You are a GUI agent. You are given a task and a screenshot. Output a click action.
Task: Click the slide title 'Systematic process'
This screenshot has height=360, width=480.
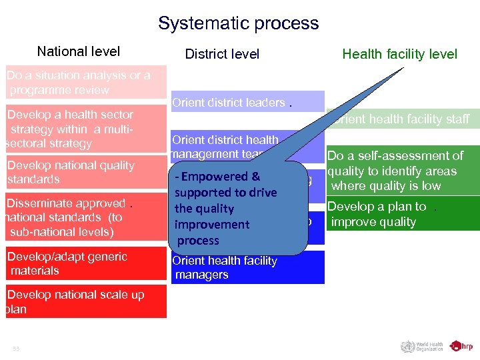point(238,23)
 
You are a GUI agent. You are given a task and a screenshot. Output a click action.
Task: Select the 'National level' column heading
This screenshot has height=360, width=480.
point(79,51)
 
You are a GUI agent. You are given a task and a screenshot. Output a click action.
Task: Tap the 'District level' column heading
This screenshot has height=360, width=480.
point(222,54)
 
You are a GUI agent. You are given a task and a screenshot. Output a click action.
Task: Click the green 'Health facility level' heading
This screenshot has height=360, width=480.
point(399,54)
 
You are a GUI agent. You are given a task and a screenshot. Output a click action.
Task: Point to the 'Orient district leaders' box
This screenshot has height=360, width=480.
point(247,102)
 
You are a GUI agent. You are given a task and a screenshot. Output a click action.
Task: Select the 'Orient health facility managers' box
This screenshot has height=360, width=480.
point(247,267)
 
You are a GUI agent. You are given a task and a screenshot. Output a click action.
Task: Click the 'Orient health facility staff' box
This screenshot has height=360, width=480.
point(403,119)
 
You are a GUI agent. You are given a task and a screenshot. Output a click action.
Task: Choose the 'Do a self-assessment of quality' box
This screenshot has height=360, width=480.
point(403,171)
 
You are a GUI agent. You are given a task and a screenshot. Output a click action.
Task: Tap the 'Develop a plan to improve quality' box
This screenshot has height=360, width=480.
point(403,214)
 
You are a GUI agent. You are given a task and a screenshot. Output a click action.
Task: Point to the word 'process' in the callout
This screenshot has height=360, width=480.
point(198,241)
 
